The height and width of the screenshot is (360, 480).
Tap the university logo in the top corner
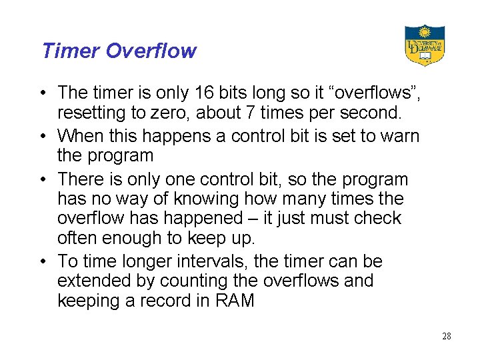pos(425,45)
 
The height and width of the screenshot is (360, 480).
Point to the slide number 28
pos(447,336)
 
